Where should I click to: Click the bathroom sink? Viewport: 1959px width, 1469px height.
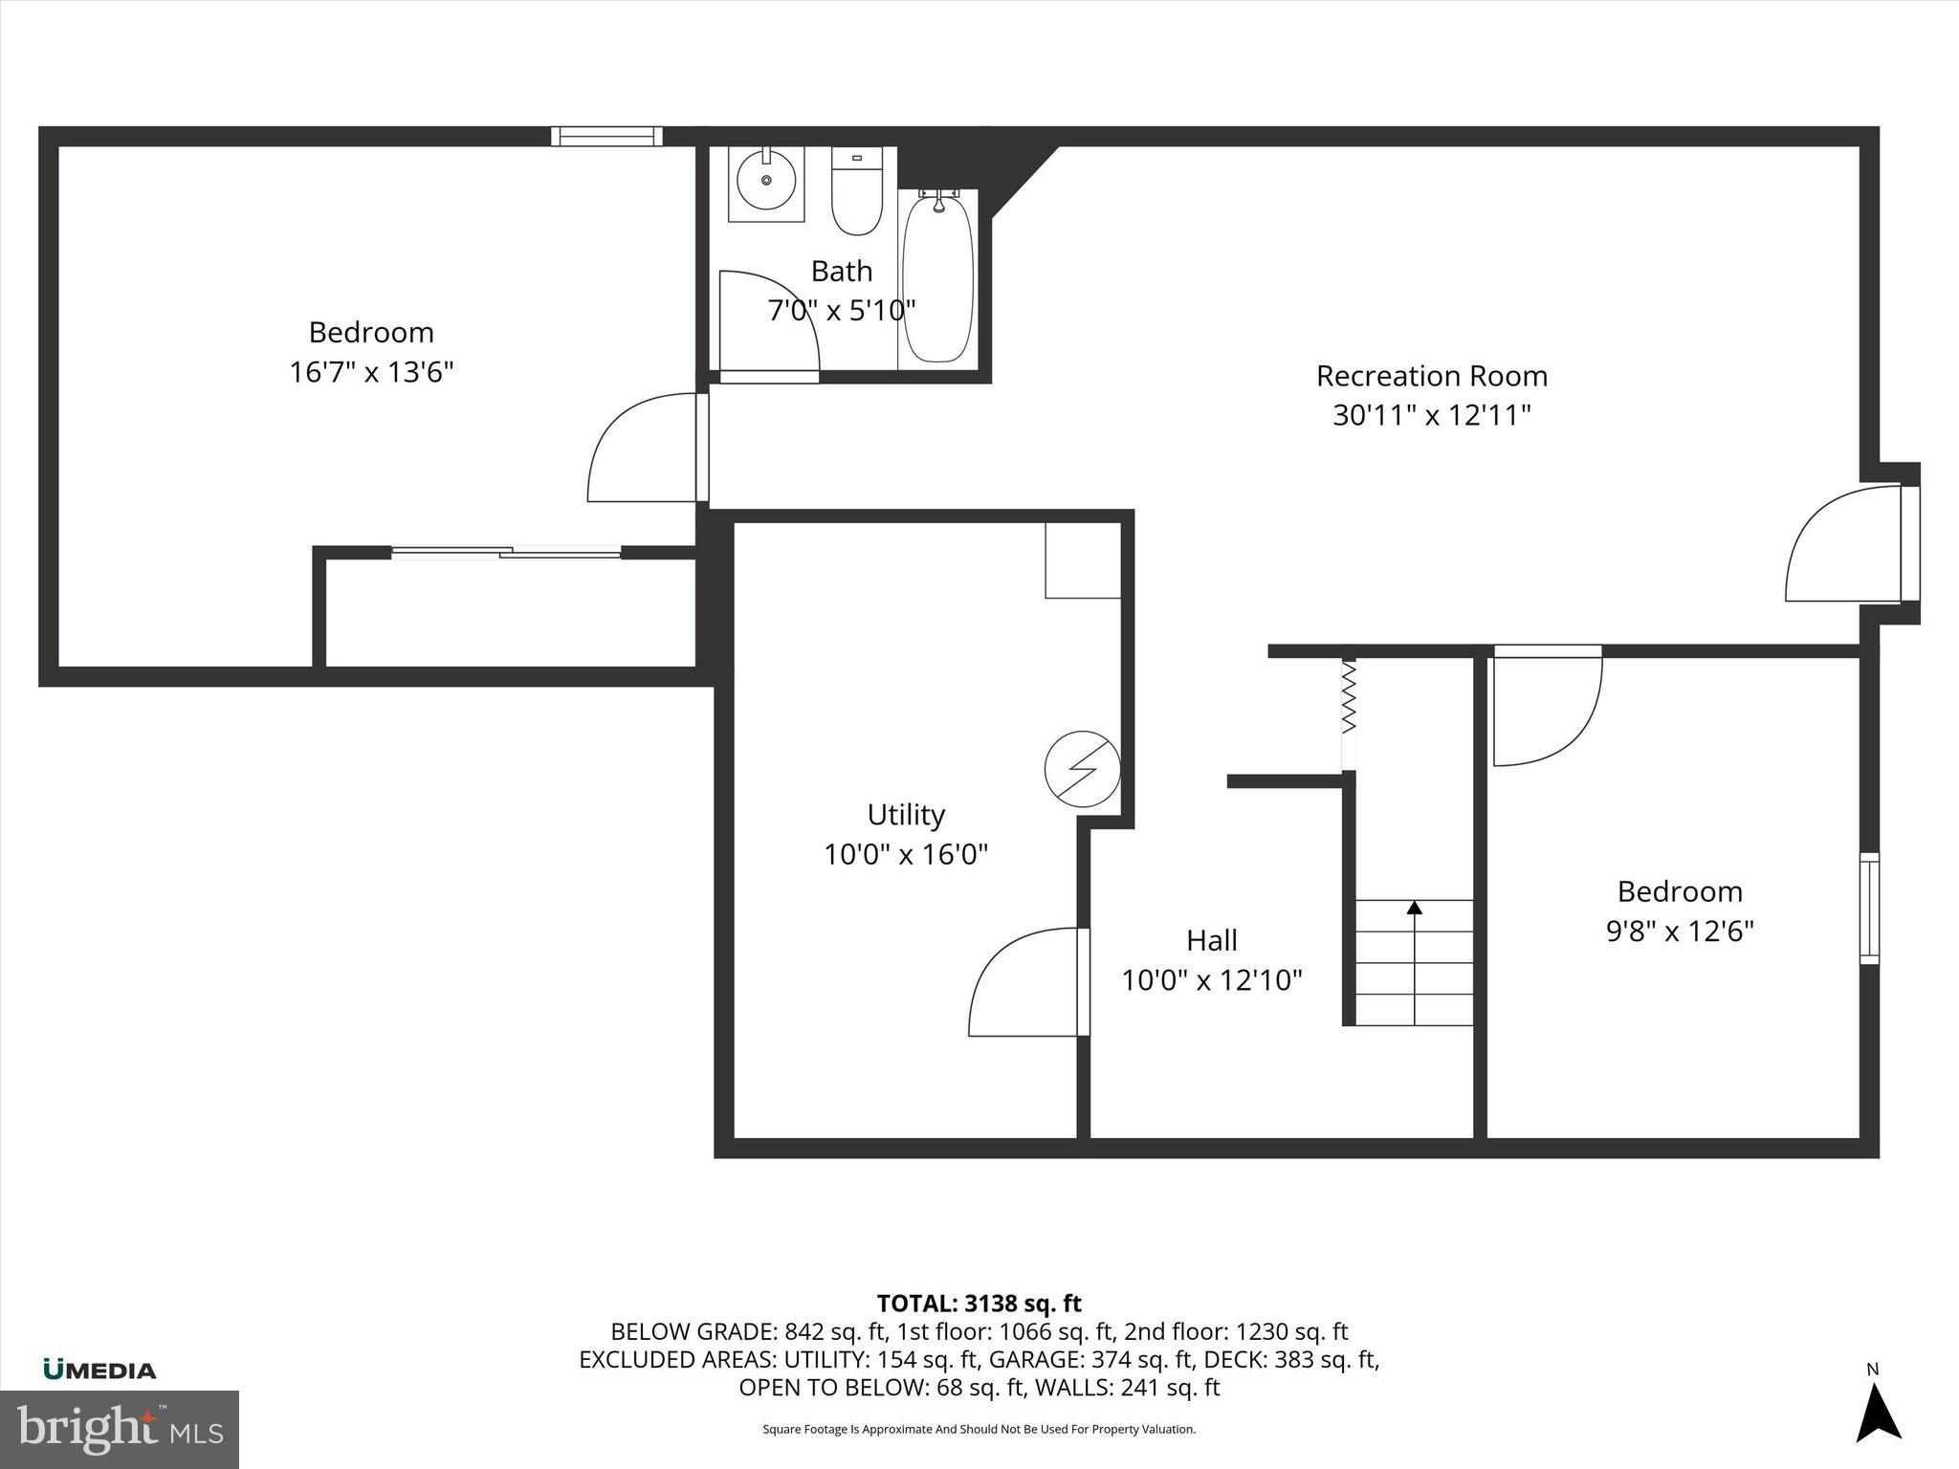click(x=766, y=182)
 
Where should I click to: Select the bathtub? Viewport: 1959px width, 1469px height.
click(x=938, y=277)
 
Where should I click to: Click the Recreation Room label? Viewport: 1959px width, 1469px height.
click(x=1431, y=376)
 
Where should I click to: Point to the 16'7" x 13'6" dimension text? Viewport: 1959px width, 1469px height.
click(x=371, y=372)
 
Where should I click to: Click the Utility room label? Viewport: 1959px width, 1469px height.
click(x=906, y=815)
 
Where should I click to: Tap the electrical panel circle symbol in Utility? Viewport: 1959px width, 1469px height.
click(x=1082, y=767)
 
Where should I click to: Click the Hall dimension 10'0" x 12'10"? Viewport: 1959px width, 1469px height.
click(x=1212, y=980)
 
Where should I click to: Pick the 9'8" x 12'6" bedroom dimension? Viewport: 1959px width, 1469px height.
click(x=1680, y=931)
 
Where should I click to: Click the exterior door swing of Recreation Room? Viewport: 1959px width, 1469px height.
click(x=1841, y=545)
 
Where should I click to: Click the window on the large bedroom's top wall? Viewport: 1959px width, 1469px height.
click(x=606, y=136)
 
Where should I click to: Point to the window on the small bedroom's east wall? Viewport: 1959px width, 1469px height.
click(x=1868, y=908)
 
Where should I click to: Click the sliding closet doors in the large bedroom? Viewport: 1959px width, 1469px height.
click(x=506, y=552)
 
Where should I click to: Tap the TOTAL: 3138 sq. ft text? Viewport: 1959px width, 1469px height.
click(x=979, y=1304)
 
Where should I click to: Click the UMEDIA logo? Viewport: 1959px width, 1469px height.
click(x=99, y=1370)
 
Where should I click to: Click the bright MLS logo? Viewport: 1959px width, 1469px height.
click(x=120, y=1429)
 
